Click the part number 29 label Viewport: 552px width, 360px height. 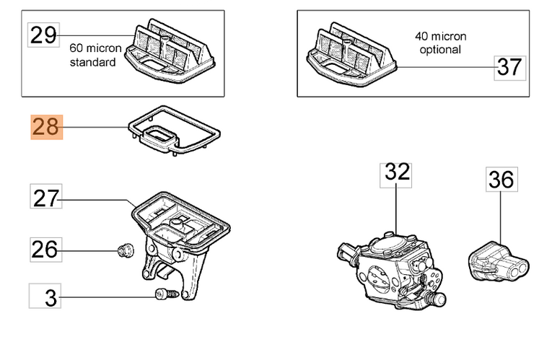43,35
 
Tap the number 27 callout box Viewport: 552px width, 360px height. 46,197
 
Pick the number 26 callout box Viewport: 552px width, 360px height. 45,250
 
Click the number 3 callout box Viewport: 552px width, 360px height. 45,296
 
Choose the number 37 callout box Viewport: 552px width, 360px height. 509,67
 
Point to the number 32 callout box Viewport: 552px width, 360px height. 397,172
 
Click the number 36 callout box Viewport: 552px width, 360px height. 501,179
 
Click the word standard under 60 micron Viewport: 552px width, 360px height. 92,62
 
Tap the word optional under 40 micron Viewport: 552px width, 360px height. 439,50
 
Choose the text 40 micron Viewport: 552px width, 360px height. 440,36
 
